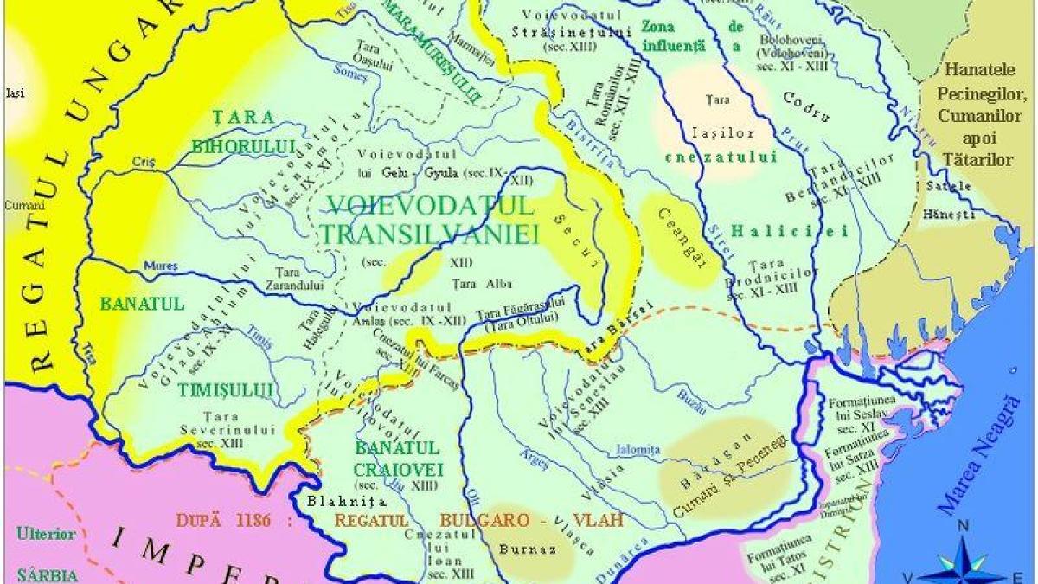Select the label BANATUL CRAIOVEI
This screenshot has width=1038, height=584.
click(x=398, y=459)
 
